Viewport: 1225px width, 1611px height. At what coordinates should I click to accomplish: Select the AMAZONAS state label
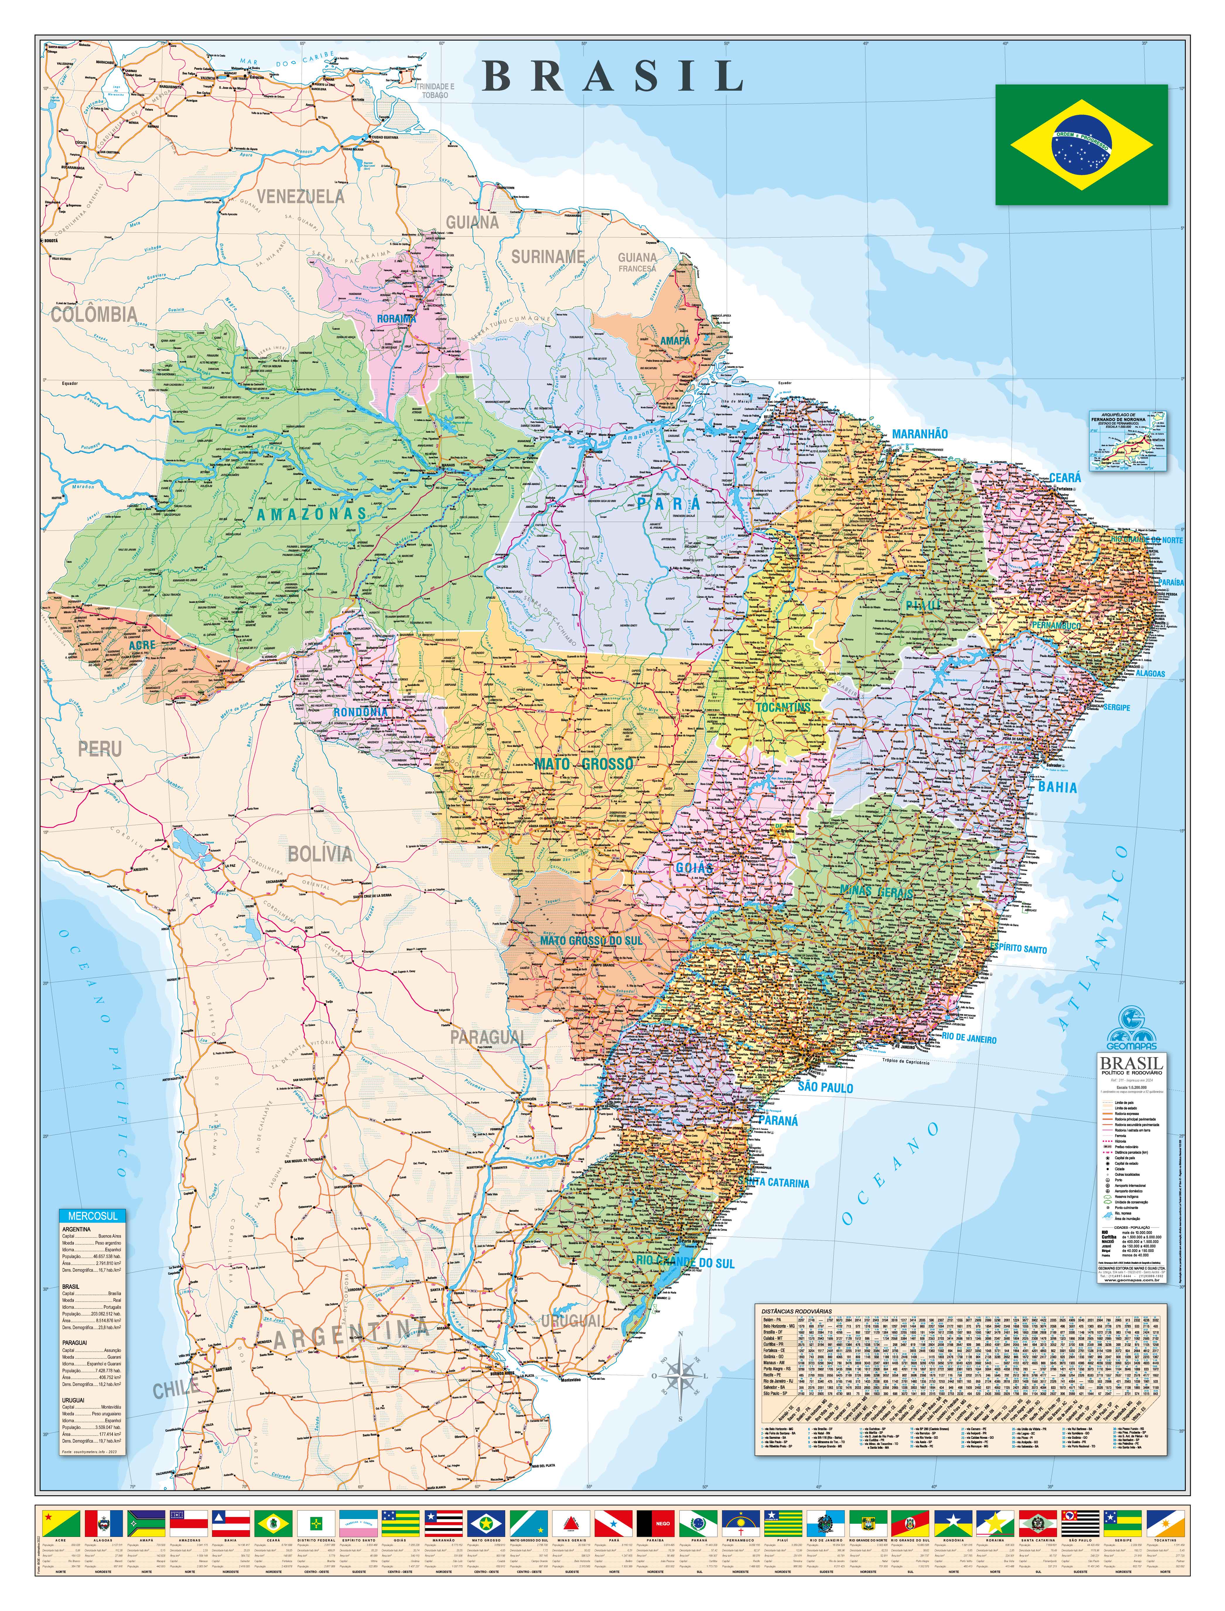coord(311,513)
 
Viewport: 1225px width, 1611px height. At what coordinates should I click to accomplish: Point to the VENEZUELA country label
coord(300,196)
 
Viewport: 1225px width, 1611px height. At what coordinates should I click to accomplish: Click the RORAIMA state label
coord(396,319)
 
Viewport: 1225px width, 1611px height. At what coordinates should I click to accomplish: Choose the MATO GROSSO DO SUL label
coord(591,941)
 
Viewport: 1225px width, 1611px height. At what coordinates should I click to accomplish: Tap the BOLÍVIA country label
coord(320,854)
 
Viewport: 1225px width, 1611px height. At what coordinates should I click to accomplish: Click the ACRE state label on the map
coord(142,645)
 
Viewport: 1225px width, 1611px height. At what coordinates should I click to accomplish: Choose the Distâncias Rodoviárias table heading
coord(796,1311)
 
